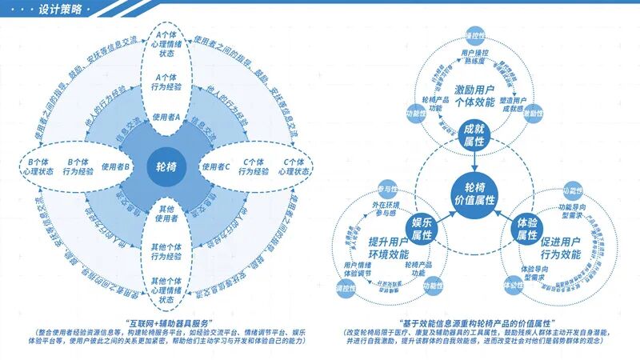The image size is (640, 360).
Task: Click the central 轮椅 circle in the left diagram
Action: [x=167, y=167]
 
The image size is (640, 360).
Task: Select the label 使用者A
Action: [x=167, y=118]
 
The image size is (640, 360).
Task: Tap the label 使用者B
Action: [x=116, y=167]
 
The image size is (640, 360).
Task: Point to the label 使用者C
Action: [x=216, y=167]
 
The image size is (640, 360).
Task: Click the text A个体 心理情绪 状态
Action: [x=167, y=43]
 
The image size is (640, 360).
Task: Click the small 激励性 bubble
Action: [x=534, y=114]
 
